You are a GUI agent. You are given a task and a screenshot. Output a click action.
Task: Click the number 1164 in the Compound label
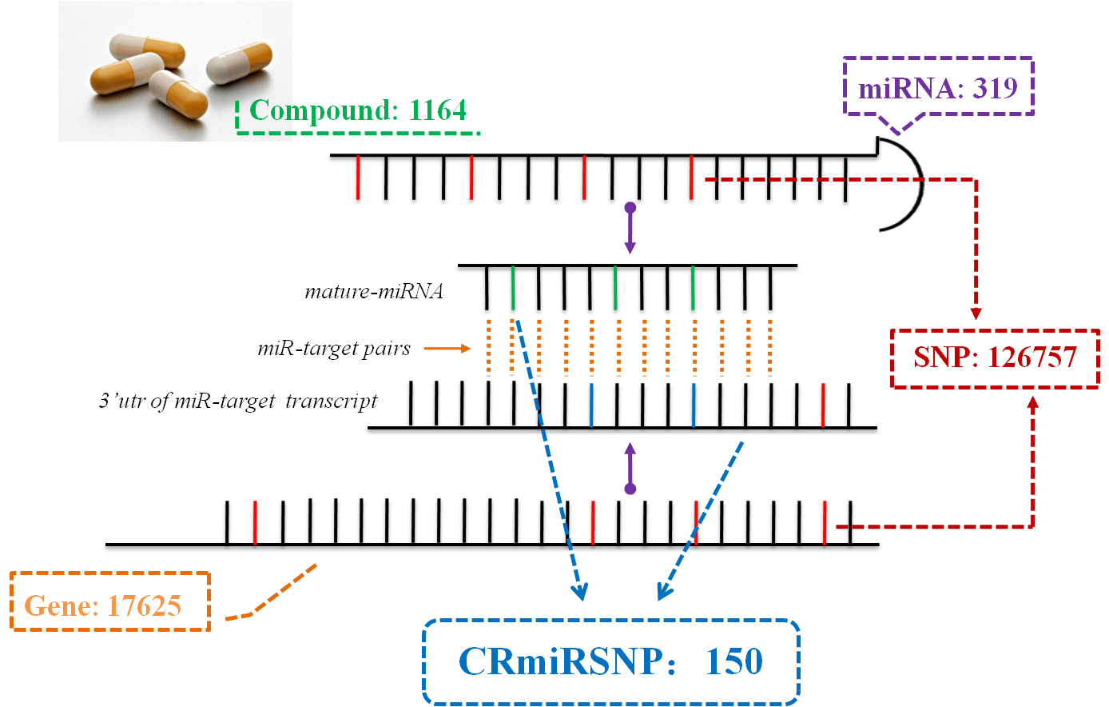[438, 110]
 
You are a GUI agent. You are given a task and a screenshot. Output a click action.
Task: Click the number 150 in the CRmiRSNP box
[734, 661]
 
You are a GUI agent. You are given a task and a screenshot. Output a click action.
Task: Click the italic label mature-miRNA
[374, 291]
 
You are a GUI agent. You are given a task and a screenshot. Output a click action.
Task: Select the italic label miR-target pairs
[334, 349]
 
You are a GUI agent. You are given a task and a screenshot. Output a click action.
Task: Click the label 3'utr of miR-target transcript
[238, 401]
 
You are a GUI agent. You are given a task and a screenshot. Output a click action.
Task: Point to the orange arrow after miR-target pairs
[447, 349]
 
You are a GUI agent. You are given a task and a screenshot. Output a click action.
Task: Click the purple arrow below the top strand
[630, 228]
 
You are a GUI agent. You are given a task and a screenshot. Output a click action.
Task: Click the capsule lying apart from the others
[239, 63]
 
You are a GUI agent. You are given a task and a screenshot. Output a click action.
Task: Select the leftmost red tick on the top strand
[358, 178]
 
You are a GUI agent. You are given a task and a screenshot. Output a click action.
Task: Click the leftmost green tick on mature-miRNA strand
[513, 288]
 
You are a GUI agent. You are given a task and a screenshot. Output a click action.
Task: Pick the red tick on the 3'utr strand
[823, 405]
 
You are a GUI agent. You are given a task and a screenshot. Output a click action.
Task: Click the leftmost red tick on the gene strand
[255, 523]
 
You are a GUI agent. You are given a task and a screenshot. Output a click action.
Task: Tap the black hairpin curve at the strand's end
[922, 181]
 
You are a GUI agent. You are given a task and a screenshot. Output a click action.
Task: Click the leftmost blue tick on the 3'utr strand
[591, 405]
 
